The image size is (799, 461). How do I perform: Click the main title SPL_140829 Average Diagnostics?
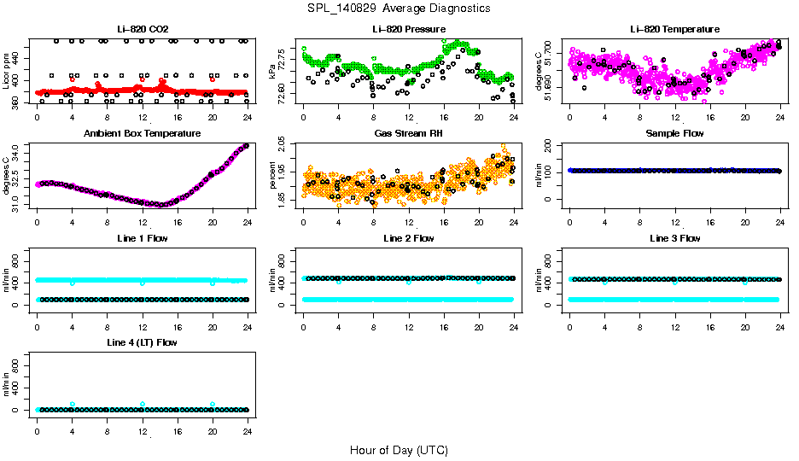point(399,8)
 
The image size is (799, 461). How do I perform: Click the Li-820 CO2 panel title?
point(143,30)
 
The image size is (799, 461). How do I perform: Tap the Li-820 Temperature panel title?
point(674,30)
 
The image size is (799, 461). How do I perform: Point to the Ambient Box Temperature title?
point(143,134)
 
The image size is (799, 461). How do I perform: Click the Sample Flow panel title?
point(674,134)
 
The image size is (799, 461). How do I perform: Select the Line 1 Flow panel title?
point(143,238)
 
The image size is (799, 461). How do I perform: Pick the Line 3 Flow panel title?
point(674,238)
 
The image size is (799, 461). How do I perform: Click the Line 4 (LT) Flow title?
point(143,342)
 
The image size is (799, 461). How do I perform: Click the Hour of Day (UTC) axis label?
point(399,449)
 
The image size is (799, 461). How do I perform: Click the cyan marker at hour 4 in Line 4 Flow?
point(73,404)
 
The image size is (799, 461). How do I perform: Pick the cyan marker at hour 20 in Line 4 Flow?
point(213,404)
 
